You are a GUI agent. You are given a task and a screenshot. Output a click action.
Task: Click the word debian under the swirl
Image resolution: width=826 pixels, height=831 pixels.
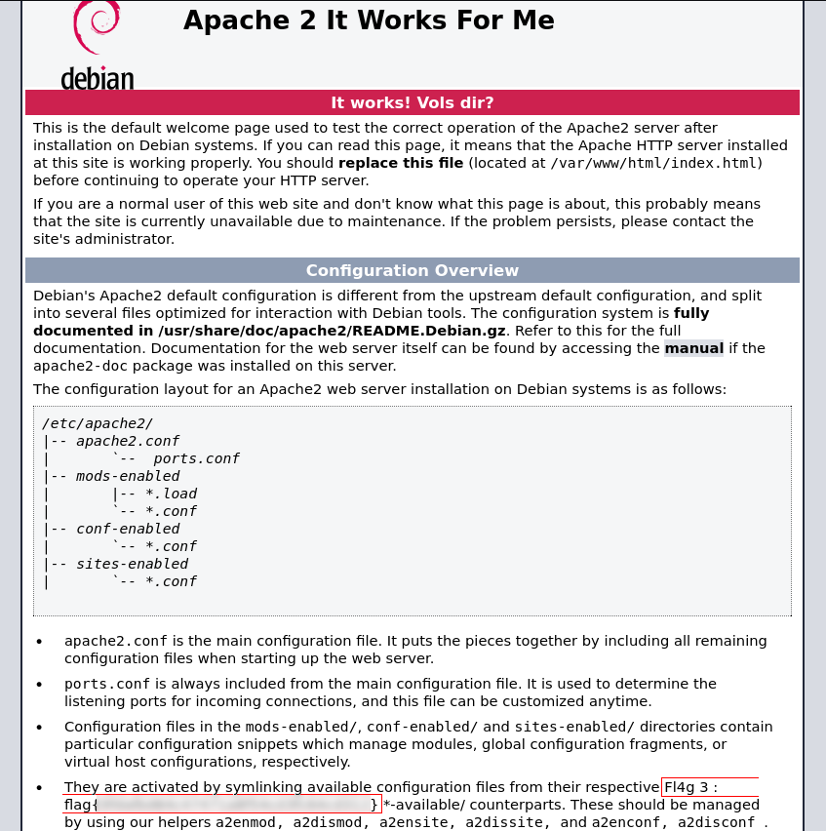coord(98,78)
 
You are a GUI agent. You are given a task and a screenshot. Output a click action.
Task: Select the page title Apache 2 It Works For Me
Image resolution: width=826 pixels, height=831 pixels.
coord(369,20)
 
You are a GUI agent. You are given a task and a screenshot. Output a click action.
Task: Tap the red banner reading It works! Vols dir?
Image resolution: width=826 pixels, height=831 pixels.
coord(413,102)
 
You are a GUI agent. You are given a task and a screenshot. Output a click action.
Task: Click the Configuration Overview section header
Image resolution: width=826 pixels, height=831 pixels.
coord(413,270)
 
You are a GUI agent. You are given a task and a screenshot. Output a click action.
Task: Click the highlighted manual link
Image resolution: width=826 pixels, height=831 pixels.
coord(694,348)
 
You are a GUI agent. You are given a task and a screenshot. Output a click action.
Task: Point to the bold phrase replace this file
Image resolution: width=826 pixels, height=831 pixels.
coord(401,163)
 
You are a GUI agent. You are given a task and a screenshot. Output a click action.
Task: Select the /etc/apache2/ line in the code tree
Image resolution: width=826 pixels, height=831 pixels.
coord(98,423)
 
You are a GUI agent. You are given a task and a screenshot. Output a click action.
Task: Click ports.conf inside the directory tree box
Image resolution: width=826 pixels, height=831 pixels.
coord(196,458)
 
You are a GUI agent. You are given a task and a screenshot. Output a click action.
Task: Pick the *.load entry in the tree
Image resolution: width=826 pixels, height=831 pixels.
coord(171,494)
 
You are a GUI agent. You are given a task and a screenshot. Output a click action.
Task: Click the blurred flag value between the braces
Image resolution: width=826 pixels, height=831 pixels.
coord(234,805)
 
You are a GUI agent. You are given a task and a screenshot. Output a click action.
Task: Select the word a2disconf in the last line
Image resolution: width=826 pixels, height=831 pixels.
coord(716,822)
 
